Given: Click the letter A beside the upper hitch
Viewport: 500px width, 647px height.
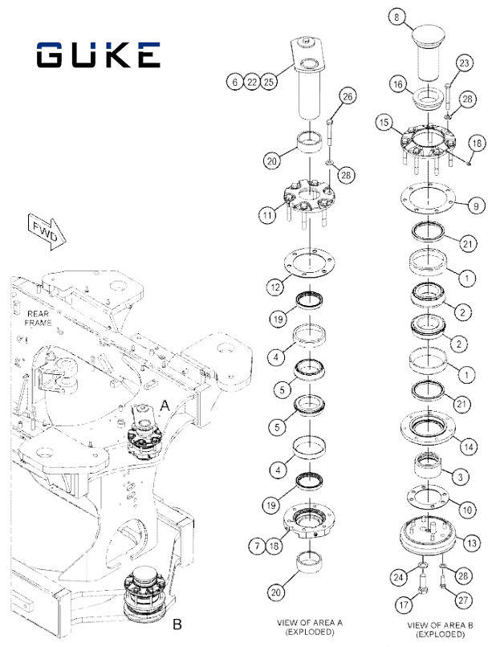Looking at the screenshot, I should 165,407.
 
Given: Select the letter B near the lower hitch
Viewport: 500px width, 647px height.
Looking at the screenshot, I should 178,623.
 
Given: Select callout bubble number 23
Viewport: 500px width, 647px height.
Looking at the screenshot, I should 464,63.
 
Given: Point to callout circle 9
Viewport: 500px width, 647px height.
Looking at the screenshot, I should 476,206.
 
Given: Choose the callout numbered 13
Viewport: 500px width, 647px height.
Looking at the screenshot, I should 473,543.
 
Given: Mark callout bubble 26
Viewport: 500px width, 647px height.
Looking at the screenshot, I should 347,97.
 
